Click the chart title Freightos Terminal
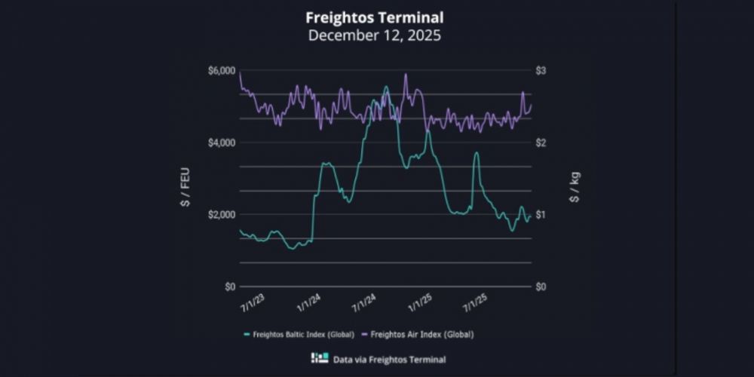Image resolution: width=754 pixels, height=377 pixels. [x=374, y=16]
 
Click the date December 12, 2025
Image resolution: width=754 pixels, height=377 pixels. [x=374, y=35]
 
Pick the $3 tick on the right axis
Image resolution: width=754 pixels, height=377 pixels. [x=541, y=70]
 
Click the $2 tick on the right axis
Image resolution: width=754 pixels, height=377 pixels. [x=541, y=143]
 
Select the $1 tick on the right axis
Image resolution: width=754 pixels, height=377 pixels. [x=541, y=215]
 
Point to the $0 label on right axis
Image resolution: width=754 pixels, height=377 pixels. [x=541, y=287]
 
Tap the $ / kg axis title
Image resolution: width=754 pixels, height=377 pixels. [x=575, y=187]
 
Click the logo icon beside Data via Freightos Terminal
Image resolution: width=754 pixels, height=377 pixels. [x=320, y=359]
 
